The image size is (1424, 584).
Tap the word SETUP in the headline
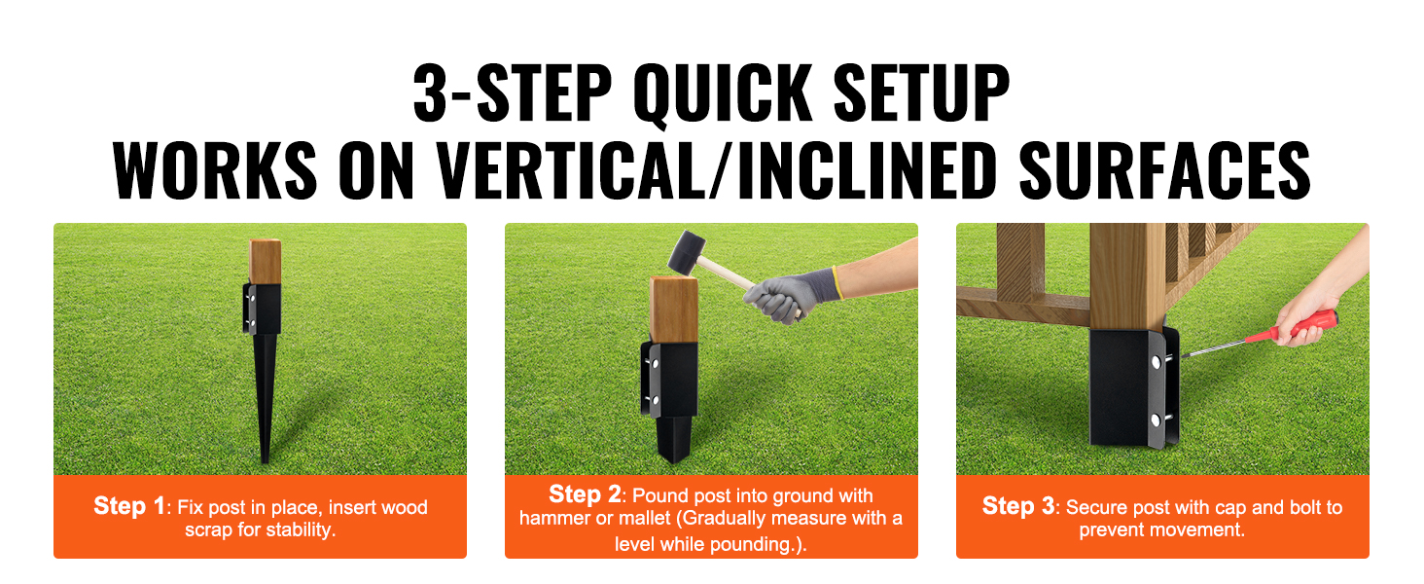click(921, 92)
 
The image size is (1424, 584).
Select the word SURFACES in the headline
click(1164, 170)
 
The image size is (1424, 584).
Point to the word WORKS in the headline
click(215, 170)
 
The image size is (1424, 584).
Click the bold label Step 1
click(129, 506)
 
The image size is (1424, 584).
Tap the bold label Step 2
click(585, 494)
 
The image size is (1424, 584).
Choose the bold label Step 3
click(1018, 506)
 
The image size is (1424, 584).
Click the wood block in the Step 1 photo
click(265, 262)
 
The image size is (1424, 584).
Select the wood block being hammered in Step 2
click(674, 310)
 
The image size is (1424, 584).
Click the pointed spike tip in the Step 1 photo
click(266, 460)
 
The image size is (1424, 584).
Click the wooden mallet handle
click(731, 276)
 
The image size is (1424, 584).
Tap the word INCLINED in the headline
click(867, 170)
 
